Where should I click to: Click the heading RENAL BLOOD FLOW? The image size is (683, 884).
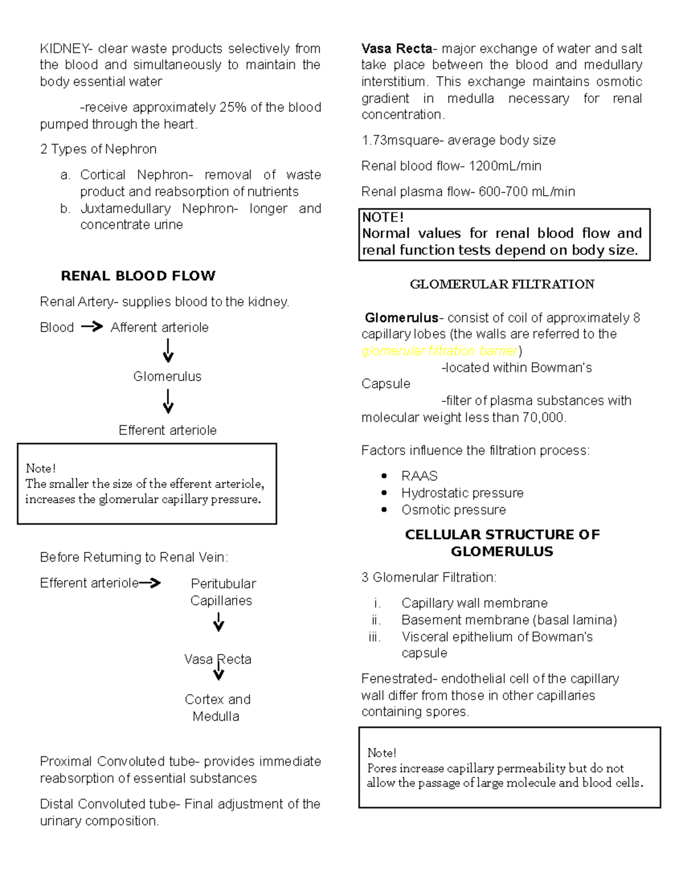pyautogui.click(x=138, y=276)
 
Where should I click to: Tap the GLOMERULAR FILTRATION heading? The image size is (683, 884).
pyautogui.click(x=502, y=285)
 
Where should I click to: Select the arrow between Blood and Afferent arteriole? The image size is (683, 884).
pyautogui.click(x=92, y=327)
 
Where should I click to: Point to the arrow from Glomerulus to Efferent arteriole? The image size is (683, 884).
pyautogui.click(x=168, y=401)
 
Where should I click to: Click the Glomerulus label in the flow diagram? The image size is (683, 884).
pyautogui.click(x=167, y=376)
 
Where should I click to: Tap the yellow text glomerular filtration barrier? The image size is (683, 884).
pyautogui.click(x=440, y=351)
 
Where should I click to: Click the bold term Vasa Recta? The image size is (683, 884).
pyautogui.click(x=397, y=49)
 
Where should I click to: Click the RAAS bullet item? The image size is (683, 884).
pyautogui.click(x=419, y=476)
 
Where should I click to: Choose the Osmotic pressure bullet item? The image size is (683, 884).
pyautogui.click(x=454, y=510)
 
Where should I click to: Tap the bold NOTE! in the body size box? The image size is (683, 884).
pyautogui.click(x=382, y=217)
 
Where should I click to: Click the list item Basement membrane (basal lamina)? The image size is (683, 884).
pyautogui.click(x=509, y=620)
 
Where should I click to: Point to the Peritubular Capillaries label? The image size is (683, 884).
pyautogui.click(x=223, y=592)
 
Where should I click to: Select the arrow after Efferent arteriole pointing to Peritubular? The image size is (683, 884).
pyautogui.click(x=150, y=583)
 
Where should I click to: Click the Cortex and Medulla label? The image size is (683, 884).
pyautogui.click(x=217, y=708)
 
